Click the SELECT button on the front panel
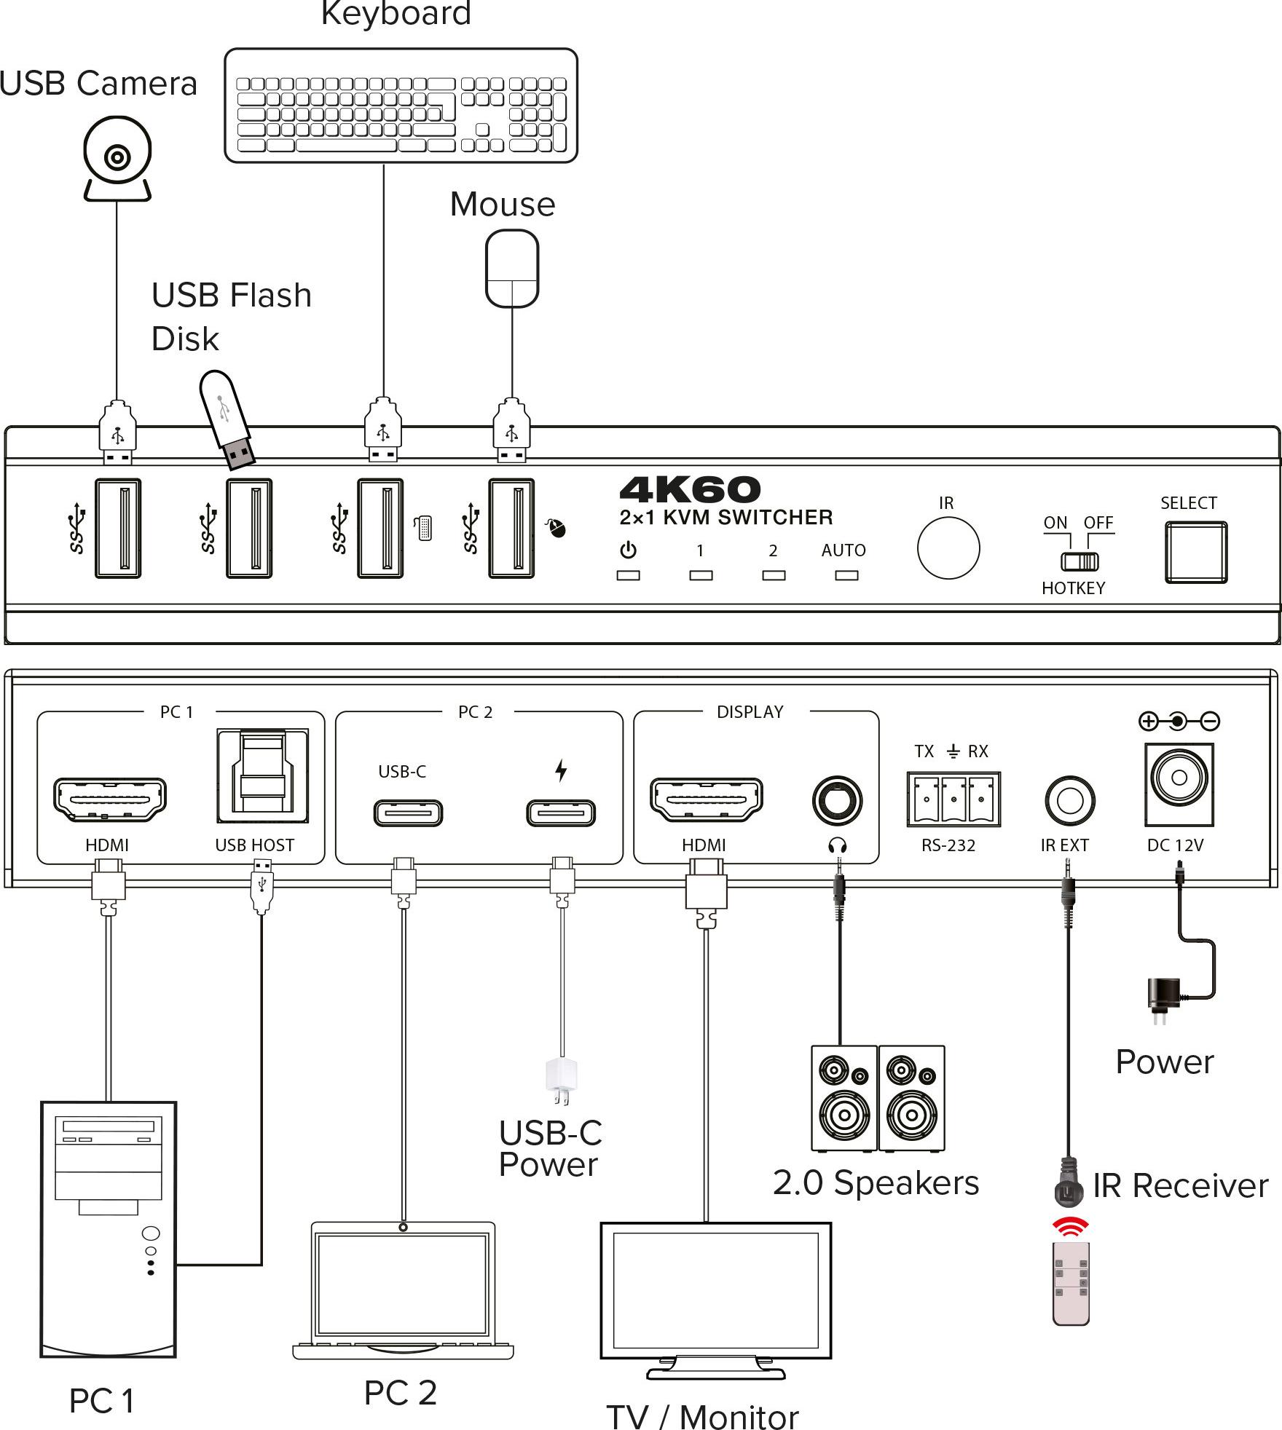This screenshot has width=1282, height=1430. (1195, 552)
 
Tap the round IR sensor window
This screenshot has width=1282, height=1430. (948, 548)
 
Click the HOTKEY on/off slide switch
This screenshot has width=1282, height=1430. (1079, 561)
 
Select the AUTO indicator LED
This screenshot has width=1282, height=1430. (846, 575)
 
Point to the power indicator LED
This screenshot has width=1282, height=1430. (628, 575)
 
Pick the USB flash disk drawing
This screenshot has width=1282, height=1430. (227, 419)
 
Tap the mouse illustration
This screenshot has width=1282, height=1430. (512, 268)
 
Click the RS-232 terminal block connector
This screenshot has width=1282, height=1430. (953, 799)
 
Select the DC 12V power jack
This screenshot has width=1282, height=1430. (1179, 784)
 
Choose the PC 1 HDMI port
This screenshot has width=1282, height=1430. (109, 799)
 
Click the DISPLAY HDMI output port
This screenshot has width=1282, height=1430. (706, 799)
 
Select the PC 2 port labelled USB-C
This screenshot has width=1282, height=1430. (408, 813)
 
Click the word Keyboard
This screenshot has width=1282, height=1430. (396, 13)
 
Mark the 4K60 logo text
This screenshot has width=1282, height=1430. (690, 489)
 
